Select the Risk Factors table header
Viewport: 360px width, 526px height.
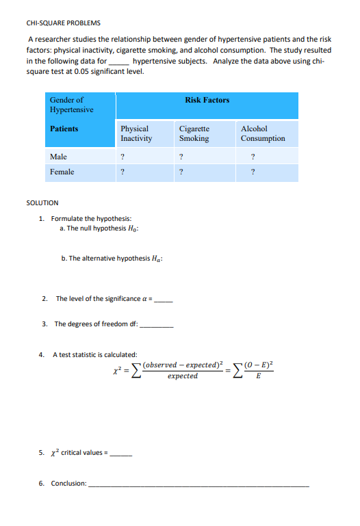coord(207,101)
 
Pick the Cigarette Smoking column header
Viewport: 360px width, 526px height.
coord(194,133)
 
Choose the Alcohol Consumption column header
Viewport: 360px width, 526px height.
coord(263,133)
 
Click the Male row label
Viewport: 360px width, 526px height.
coord(58,157)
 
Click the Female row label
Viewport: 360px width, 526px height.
coord(62,172)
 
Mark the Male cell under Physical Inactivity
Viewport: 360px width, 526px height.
coord(122,157)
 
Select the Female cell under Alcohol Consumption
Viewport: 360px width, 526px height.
coord(253,172)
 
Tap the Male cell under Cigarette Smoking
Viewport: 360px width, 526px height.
coord(181,157)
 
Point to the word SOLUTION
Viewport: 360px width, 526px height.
coord(42,203)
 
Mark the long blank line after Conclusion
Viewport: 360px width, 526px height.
coord(198,484)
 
